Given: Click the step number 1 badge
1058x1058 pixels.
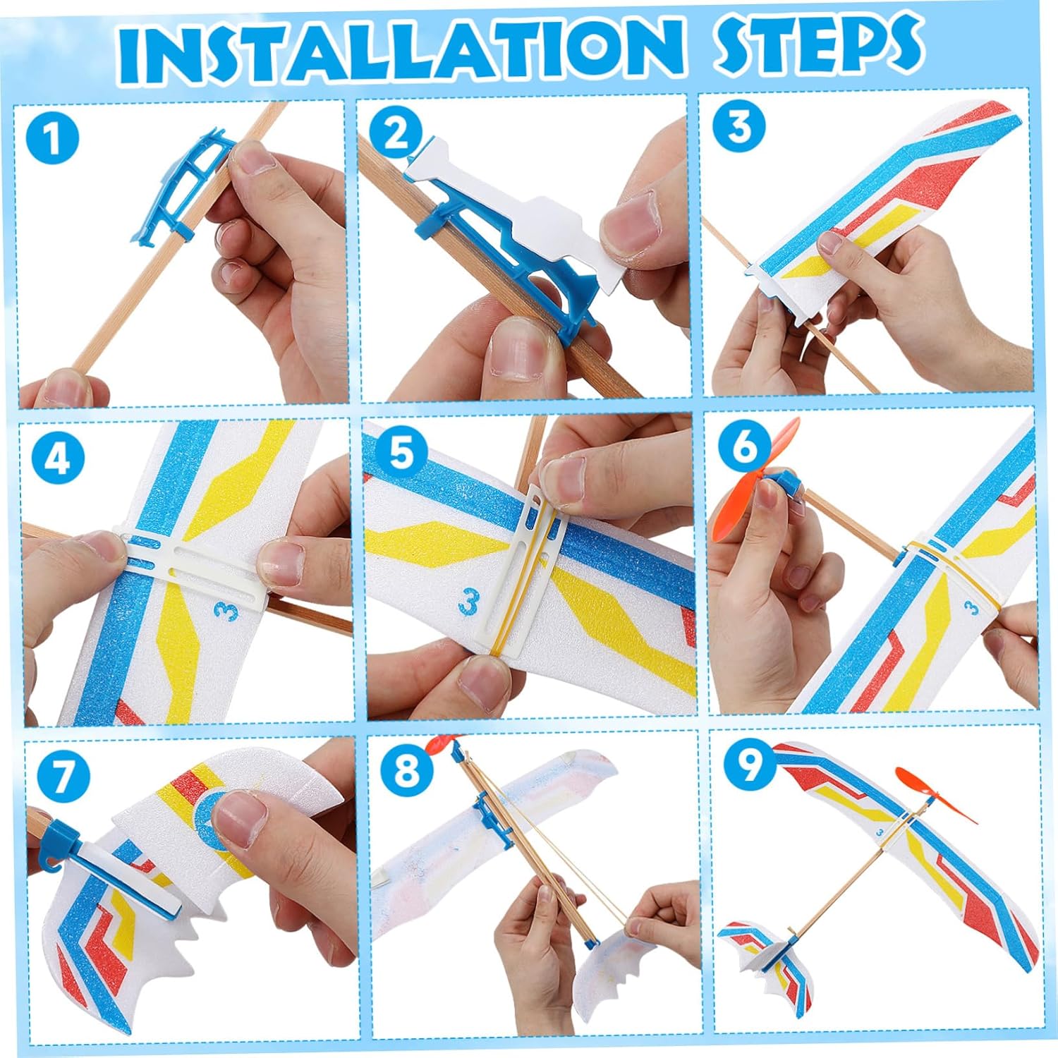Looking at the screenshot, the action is click(51, 138).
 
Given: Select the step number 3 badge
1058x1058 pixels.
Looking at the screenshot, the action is click(738, 126).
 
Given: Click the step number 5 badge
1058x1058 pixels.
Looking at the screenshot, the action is click(400, 452).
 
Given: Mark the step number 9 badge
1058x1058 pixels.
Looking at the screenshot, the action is click(748, 762).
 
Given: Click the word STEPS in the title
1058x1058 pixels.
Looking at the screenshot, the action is click(818, 44).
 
